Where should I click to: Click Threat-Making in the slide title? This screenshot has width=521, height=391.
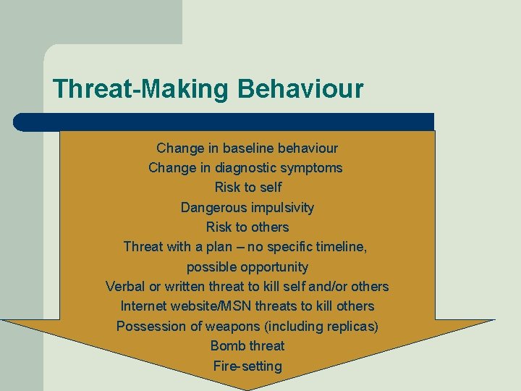tap(142, 90)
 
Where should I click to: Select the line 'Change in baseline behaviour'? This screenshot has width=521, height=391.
tap(247, 148)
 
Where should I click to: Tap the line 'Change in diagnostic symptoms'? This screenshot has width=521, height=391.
tap(245, 168)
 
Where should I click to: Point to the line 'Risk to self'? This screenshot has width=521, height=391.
tap(247, 188)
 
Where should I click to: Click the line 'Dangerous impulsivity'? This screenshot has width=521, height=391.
tap(247, 208)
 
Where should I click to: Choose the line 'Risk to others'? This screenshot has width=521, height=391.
tap(247, 227)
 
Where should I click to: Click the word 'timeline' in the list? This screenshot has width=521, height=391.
tap(339, 247)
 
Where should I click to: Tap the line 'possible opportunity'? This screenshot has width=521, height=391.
tap(247, 267)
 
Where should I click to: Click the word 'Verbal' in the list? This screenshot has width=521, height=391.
tap(125, 287)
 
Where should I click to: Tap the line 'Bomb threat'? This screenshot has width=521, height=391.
tap(247, 346)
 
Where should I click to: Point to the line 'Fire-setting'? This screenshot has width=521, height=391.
tap(247, 366)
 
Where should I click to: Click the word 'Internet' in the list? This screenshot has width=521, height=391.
tap(143, 306)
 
